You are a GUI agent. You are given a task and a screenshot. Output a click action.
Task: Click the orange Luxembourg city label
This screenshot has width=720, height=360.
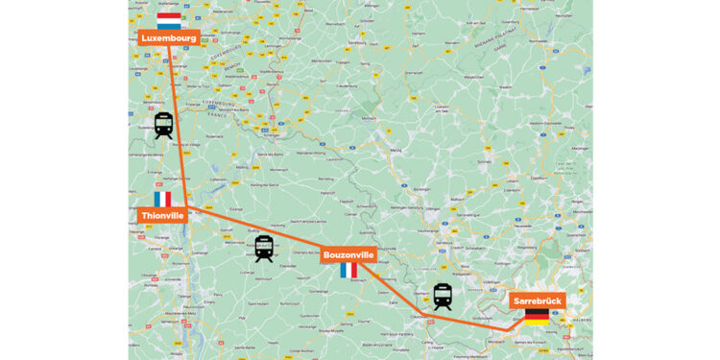169,38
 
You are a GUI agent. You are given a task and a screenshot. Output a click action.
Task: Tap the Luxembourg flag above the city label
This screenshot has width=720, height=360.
169,20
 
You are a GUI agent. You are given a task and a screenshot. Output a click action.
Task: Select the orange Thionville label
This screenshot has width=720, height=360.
161,216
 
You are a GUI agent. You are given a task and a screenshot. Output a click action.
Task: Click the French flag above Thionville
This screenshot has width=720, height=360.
162,199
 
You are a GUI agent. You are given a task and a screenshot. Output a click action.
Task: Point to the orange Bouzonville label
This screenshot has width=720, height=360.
348,254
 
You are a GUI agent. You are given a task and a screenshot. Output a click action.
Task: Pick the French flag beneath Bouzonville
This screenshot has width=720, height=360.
348,271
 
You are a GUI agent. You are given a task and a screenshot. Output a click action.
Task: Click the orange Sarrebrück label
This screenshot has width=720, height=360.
537,300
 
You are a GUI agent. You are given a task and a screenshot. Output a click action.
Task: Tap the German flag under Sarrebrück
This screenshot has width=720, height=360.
537,317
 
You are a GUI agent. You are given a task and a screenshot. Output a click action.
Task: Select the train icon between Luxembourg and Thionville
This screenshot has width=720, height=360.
164,125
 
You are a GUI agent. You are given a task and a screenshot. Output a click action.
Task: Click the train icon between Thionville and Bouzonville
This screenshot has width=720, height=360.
264,249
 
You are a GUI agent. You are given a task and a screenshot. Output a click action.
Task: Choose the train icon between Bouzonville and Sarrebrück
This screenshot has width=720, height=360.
442,296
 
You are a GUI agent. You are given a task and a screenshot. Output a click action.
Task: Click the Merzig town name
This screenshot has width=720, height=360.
396,151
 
